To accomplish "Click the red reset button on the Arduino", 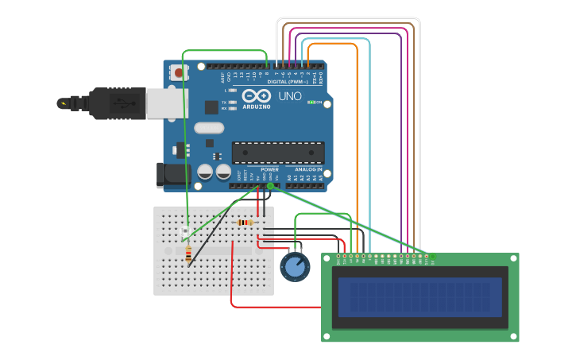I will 178,73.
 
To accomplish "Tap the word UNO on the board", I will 289,96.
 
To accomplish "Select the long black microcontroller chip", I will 277,152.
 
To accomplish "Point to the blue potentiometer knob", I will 295,266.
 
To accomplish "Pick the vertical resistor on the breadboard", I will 188,254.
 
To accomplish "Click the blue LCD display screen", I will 419,296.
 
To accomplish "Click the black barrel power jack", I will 170,175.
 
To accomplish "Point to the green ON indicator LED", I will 312,103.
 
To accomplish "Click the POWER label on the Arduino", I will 269,169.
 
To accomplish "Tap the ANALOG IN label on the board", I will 308,169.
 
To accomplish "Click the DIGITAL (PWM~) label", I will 288,81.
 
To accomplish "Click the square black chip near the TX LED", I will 211,107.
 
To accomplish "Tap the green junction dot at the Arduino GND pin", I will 270,186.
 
